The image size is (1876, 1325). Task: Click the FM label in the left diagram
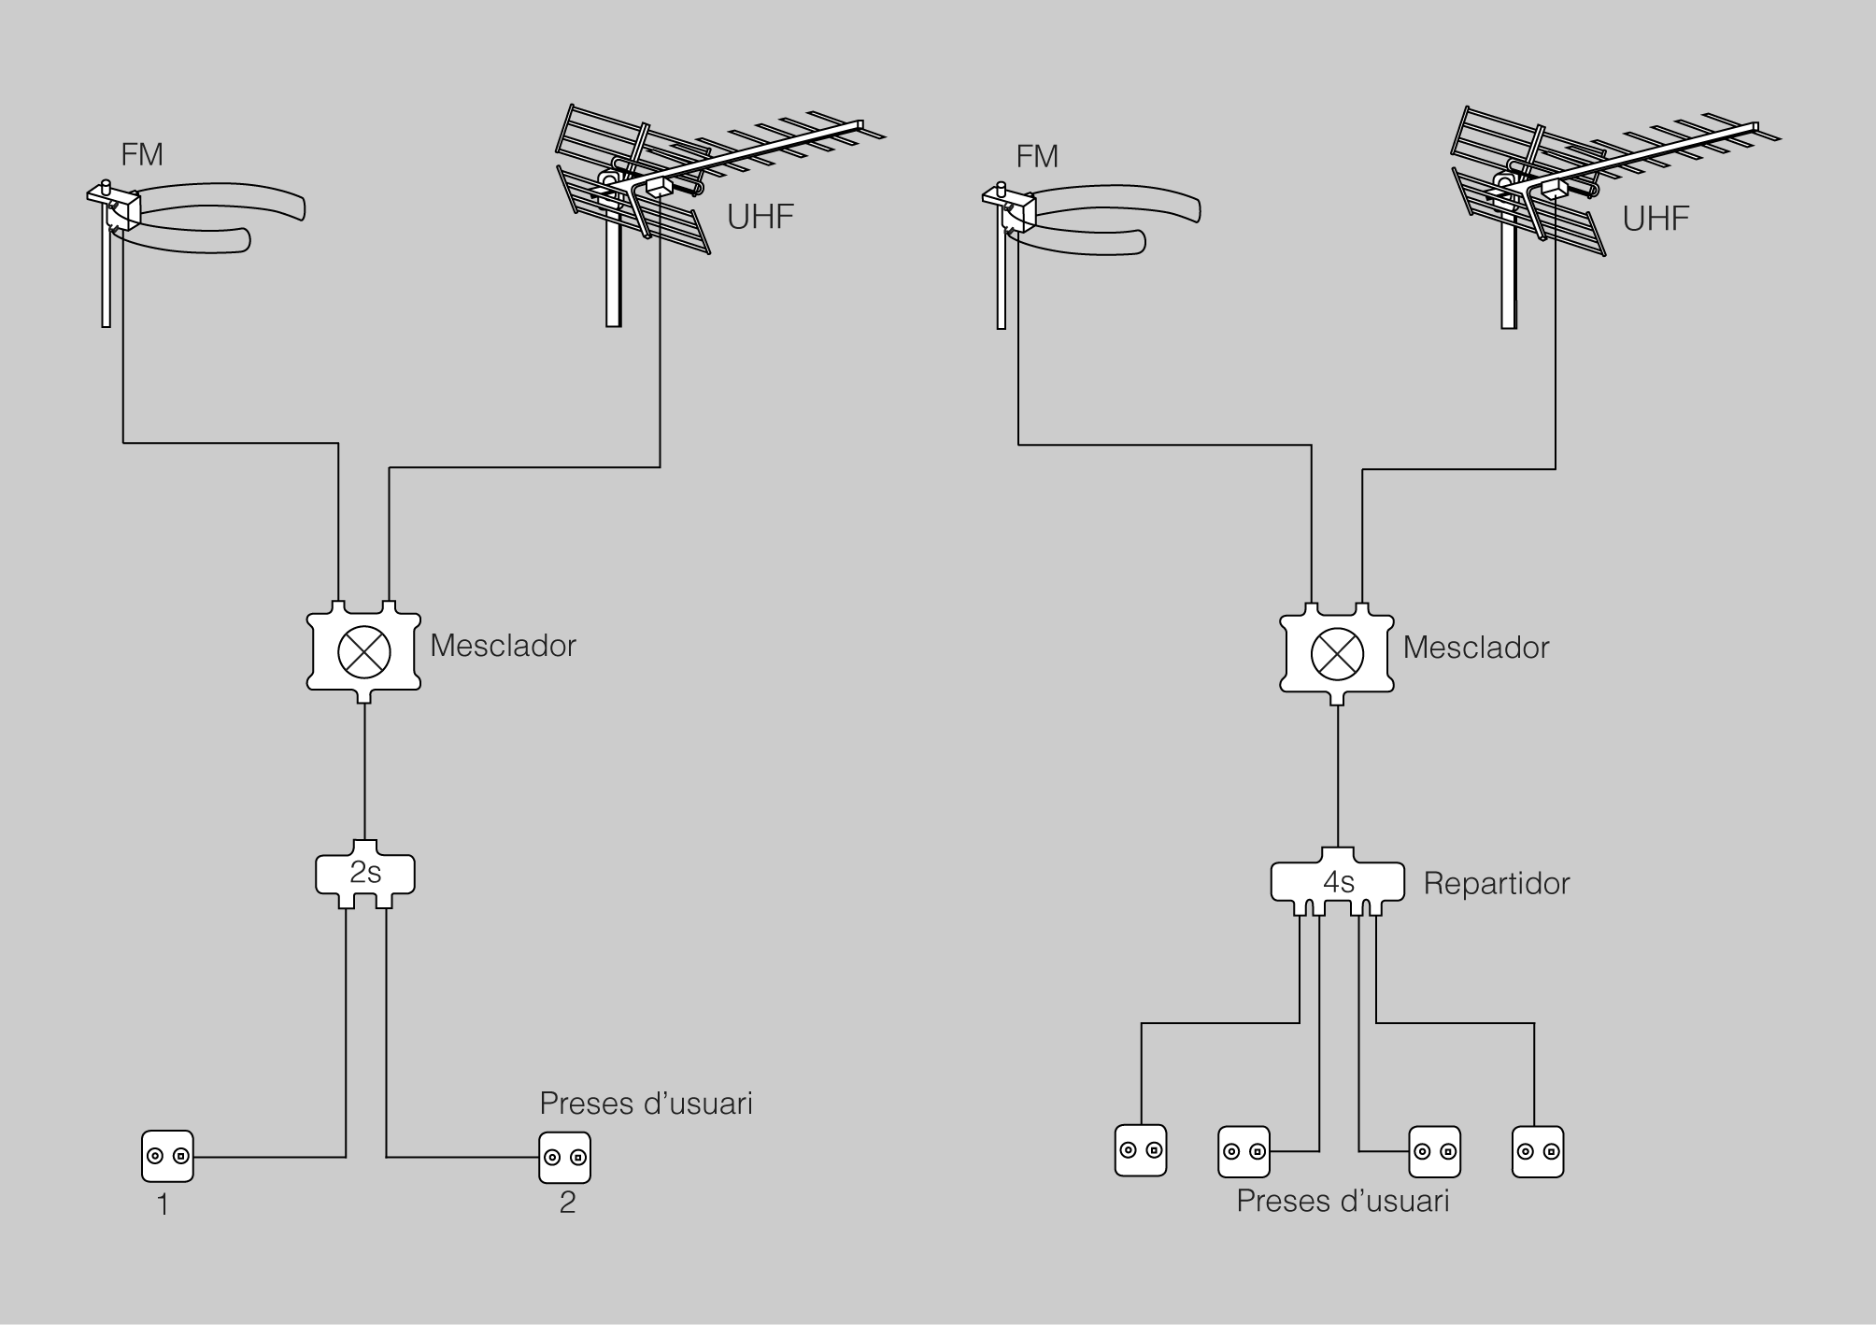[142, 154]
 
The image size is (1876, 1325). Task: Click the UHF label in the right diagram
[1656, 219]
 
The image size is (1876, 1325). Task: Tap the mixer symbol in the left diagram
[363, 651]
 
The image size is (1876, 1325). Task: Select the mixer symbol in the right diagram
[1337, 653]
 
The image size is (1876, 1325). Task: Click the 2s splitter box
[365, 874]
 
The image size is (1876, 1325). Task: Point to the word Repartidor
[1496, 884]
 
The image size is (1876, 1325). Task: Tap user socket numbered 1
[168, 1157]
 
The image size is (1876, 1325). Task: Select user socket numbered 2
[565, 1158]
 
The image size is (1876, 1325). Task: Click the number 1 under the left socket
[163, 1205]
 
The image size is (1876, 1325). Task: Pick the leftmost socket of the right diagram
[1141, 1150]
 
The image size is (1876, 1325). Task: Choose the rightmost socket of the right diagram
[1537, 1151]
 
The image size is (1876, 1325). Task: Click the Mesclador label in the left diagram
[503, 646]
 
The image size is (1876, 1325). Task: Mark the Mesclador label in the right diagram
[1476, 648]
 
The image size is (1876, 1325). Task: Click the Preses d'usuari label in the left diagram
[646, 1104]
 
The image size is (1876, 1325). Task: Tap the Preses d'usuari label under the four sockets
[1343, 1201]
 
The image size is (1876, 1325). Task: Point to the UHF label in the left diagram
[760, 217]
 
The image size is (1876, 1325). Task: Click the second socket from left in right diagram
[1244, 1151]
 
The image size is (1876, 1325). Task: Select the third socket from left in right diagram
[1434, 1151]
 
